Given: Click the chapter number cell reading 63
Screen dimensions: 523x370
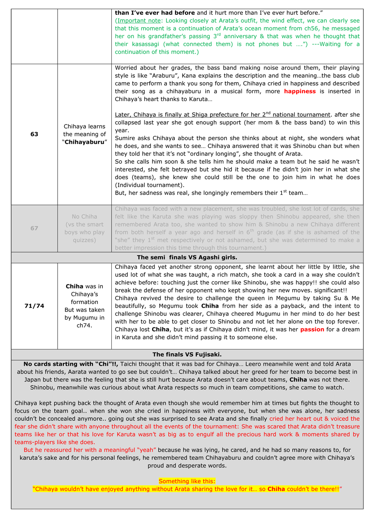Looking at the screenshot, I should [34, 134].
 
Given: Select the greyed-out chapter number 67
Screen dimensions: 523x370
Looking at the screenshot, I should [34, 228].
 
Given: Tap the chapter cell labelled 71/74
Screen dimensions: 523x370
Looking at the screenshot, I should [34, 306].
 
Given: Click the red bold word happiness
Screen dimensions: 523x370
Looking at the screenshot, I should [300, 91].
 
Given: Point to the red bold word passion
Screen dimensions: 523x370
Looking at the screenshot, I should [312, 329].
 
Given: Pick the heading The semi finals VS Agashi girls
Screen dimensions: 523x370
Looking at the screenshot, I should [187, 258].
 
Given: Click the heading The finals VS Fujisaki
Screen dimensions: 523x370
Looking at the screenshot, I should [187, 355].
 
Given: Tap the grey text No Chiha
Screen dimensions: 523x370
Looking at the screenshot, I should [84, 217].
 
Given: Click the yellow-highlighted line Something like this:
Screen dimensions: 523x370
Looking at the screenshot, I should [187, 481].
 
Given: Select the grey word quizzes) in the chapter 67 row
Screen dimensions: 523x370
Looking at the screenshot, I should [84, 240].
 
